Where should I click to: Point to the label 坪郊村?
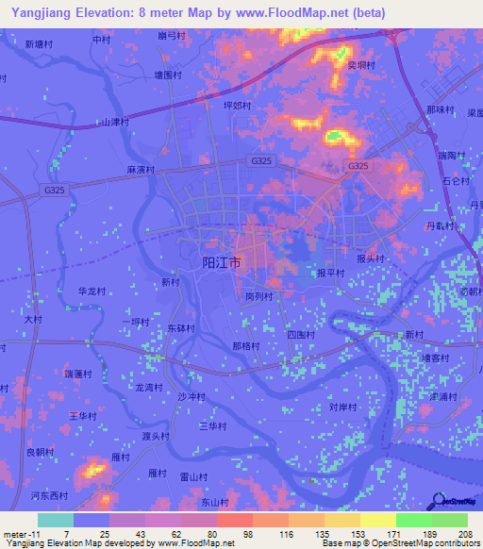coord(237,107)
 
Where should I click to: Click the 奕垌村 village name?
coord(361,66)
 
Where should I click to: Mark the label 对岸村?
coord(342,408)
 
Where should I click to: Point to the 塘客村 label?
coord(436,358)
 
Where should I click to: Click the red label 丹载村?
coord(440,226)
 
